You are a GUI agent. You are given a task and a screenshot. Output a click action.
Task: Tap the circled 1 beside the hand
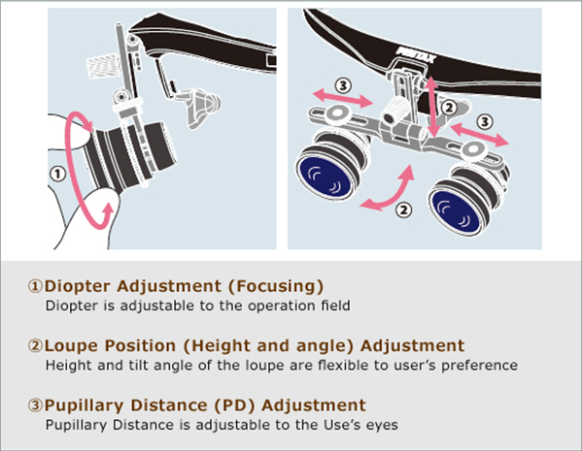(57, 174)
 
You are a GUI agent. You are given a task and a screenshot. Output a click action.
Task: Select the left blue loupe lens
(325, 176)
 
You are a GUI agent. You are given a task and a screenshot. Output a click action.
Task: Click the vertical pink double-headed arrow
(431, 107)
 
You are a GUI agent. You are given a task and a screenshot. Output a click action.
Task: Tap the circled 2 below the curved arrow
(404, 210)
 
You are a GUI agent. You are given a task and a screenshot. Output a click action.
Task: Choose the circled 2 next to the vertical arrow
(449, 108)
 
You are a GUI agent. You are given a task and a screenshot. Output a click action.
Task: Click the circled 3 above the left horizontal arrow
(343, 85)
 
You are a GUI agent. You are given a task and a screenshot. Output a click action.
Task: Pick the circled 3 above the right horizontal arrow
(485, 121)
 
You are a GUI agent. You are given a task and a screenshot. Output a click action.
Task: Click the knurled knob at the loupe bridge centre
(395, 112)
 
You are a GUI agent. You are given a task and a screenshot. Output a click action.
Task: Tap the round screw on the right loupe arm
(473, 149)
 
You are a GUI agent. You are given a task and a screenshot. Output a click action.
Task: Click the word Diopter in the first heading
(78, 286)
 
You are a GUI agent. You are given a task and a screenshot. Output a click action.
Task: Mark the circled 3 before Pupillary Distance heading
(36, 405)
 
